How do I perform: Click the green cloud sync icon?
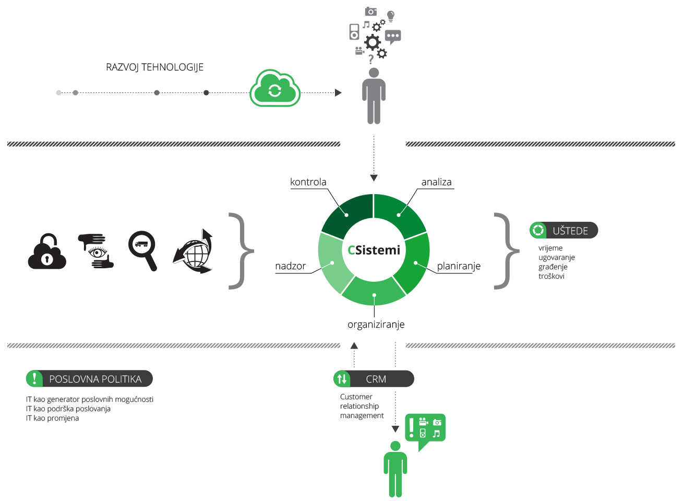[275, 89]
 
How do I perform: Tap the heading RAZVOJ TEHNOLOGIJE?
[154, 67]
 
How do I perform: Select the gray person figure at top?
[374, 97]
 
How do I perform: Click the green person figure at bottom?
[395, 469]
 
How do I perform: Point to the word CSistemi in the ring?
[374, 250]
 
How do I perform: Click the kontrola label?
[308, 182]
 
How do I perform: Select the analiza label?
[436, 182]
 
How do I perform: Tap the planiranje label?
[459, 266]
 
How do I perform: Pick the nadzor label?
[290, 266]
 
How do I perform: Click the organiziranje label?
[376, 325]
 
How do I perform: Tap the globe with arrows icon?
[194, 252]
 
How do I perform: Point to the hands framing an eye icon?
[96, 251]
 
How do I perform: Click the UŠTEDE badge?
[563, 230]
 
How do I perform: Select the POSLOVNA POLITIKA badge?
[89, 379]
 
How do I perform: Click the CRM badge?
[374, 379]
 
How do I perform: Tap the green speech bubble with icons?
[426, 430]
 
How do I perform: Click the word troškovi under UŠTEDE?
[551, 277]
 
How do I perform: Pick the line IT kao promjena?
[53, 419]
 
